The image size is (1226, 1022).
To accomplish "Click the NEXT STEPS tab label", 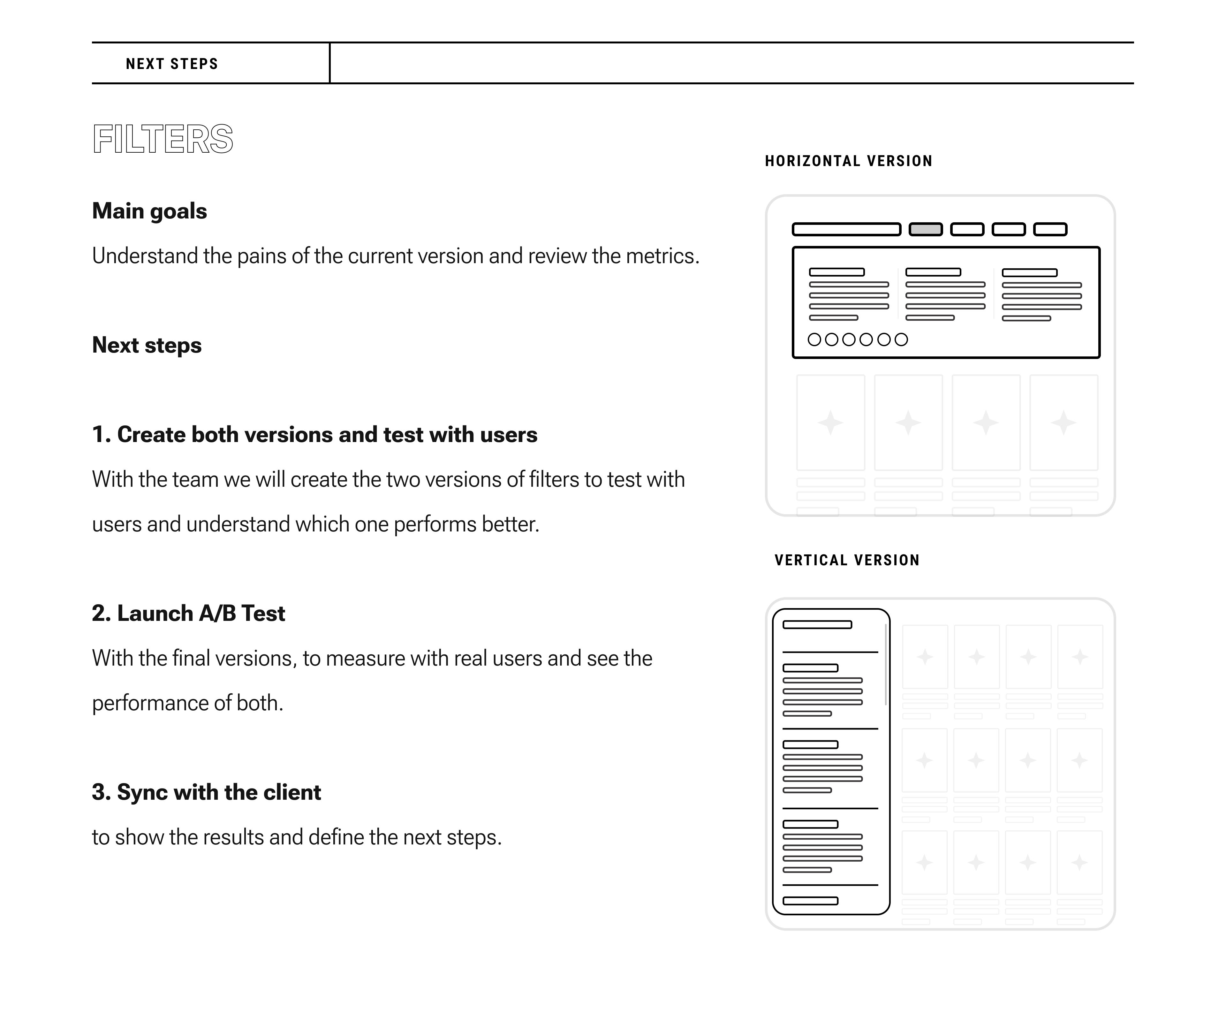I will pos(172,64).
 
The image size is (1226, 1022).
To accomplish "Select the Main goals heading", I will pos(149,211).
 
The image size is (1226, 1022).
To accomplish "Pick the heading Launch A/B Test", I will pos(189,613).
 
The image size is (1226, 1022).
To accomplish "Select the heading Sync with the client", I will pos(207,792).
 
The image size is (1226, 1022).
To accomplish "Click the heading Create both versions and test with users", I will pos(315,434).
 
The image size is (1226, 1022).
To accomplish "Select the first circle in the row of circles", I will pos(814,339).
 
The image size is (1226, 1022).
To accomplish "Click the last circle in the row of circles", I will pos(901,339).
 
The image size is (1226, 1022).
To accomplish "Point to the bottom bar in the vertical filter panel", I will pos(810,901).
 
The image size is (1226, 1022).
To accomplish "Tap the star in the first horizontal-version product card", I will pos(830,422).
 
